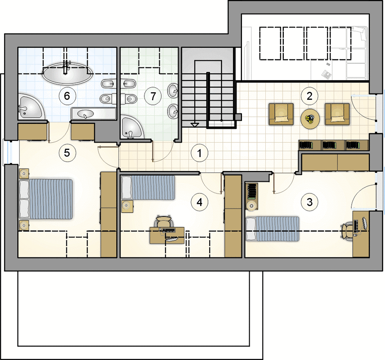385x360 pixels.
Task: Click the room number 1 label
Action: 199,153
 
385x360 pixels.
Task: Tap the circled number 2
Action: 309,96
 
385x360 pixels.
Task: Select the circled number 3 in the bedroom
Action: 309,202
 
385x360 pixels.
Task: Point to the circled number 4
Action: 199,202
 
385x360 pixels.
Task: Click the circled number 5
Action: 67,153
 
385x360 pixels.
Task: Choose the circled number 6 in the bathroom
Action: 67,96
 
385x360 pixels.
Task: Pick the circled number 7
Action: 153,96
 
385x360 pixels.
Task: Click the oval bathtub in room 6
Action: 67,74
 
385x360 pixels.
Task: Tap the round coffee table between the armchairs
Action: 310,119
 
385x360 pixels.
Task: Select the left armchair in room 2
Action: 281,114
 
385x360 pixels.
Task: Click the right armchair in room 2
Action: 337,114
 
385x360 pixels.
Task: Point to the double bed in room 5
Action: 46,199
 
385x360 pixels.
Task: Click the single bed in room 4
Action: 148,188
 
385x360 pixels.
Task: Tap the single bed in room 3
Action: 273,229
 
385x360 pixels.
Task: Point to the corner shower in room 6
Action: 31,106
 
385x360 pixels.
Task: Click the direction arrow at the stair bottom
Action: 195,125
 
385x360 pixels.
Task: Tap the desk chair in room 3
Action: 346,230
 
